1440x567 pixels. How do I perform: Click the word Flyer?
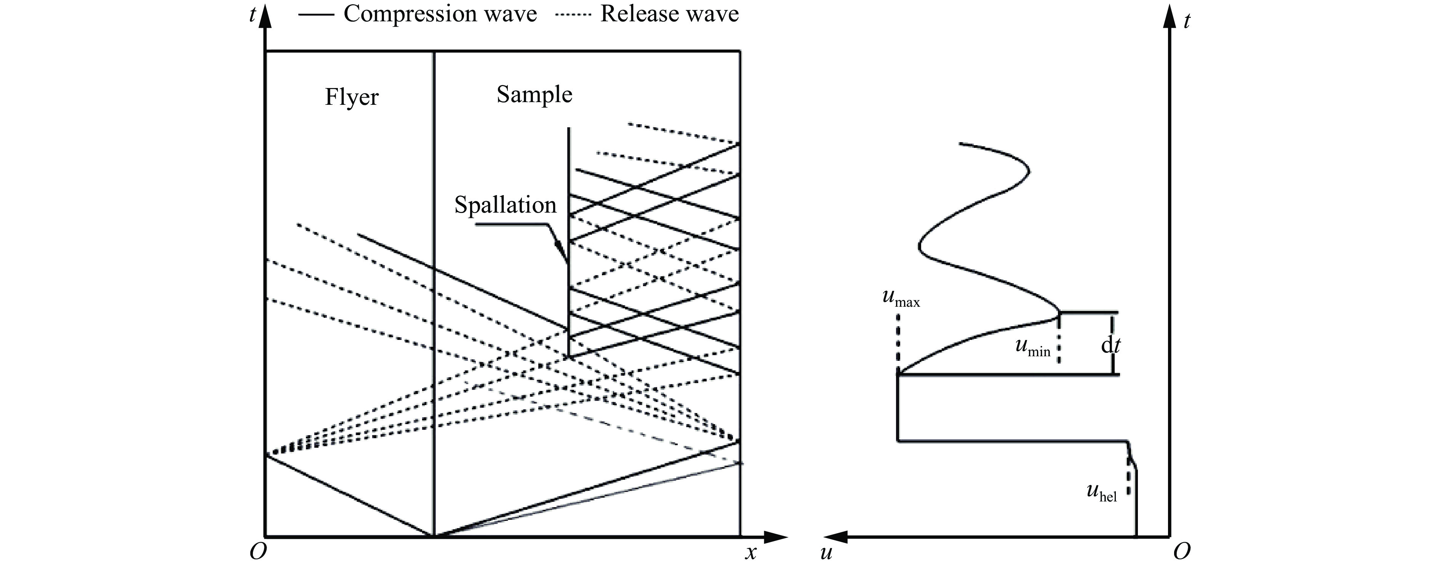tap(352, 97)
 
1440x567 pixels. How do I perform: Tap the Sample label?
tap(534, 94)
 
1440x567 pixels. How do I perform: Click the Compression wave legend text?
tap(440, 13)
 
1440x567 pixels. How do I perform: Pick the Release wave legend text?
tap(669, 13)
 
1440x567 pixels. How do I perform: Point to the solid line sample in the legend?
tap(317, 14)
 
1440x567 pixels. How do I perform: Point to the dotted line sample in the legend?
tap(573, 14)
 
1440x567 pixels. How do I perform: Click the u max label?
tap(901, 298)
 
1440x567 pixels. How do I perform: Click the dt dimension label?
tap(1110, 346)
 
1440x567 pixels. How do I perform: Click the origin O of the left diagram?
tap(258, 552)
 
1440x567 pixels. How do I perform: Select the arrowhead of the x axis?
tap(776, 537)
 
